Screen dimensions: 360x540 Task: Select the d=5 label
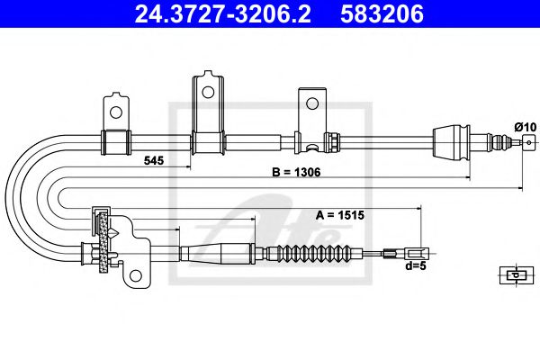click(414, 267)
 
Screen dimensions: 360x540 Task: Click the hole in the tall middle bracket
click(207, 91)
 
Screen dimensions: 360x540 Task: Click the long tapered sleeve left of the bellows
click(216, 254)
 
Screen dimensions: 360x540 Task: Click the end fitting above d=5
click(414, 255)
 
